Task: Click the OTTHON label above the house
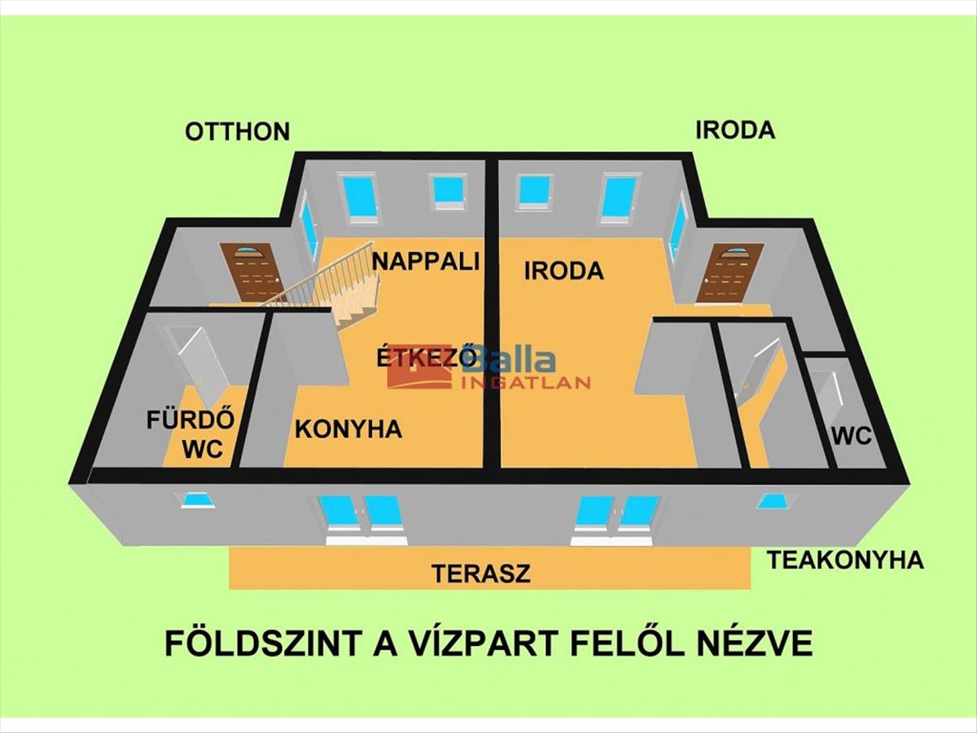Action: coord(237,132)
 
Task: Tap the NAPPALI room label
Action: coord(424,261)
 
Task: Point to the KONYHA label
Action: coord(348,429)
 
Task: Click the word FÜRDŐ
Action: coord(191,421)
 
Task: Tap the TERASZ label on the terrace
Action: coord(480,573)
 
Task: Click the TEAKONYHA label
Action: coord(845,560)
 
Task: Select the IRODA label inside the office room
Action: coord(563,271)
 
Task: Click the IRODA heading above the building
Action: coord(734,130)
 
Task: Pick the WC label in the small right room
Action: coord(851,437)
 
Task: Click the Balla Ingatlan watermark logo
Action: coord(488,368)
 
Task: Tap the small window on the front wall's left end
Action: coord(198,500)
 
